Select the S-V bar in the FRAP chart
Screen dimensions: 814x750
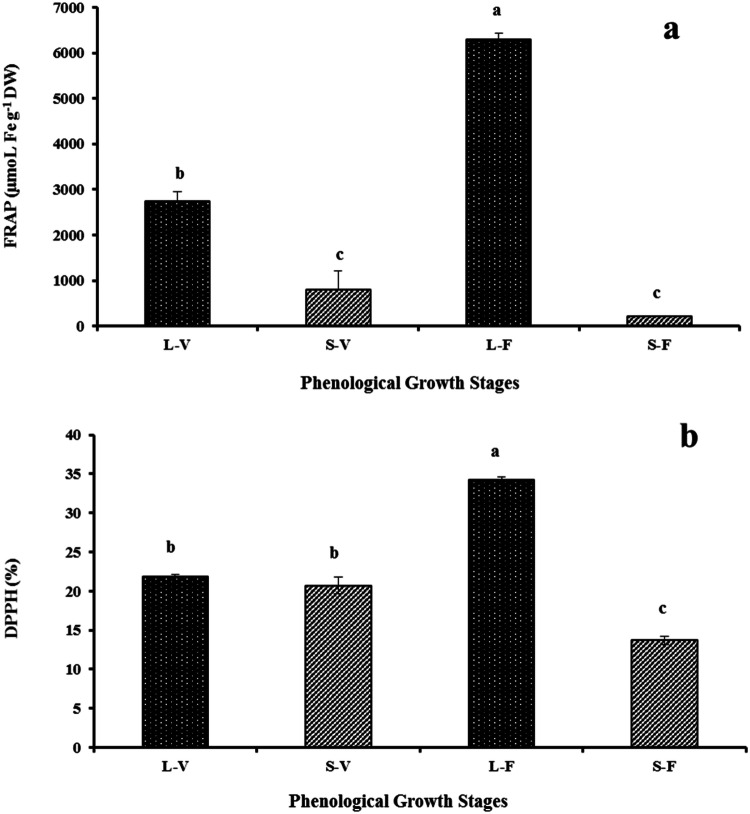[x=338, y=307]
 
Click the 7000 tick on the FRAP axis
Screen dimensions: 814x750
[x=73, y=8]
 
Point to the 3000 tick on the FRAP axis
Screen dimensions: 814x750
[x=73, y=189]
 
